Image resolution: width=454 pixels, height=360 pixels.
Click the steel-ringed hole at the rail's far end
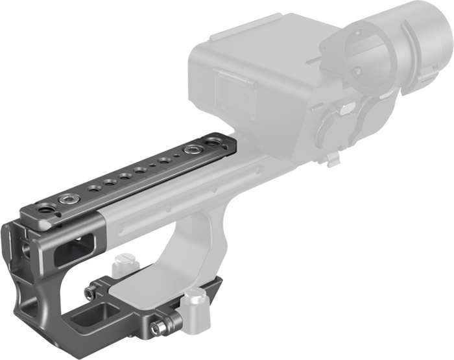[191, 150]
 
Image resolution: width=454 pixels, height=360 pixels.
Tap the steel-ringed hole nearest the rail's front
[65, 198]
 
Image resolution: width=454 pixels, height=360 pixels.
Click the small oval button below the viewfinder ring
[348, 108]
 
